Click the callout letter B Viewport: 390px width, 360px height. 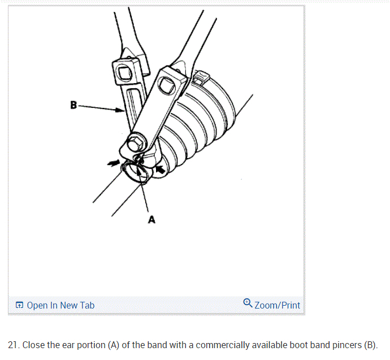pos(73,105)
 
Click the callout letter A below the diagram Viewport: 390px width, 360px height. pos(151,220)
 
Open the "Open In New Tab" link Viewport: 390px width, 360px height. pos(60,305)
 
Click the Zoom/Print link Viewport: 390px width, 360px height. pos(278,305)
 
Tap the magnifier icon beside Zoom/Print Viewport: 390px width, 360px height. pos(248,303)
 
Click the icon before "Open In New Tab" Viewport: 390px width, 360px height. pos(20,305)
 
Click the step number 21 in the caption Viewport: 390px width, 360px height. pos(12,345)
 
